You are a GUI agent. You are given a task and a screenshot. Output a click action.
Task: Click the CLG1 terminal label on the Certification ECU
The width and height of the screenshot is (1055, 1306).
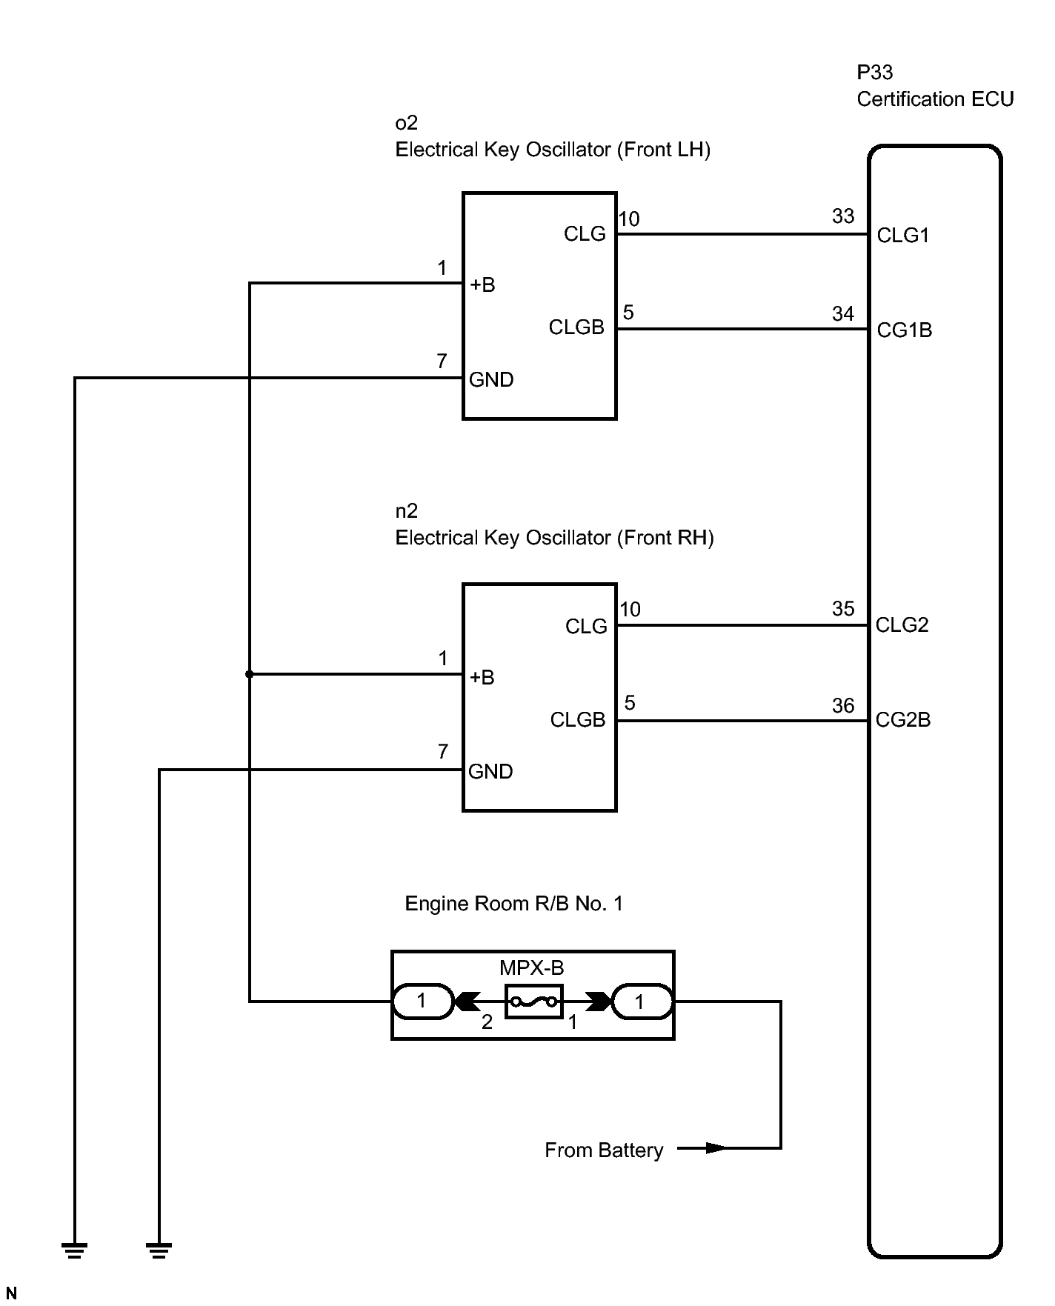(x=902, y=236)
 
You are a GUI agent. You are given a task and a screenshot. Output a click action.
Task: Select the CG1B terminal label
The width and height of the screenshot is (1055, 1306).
(x=904, y=330)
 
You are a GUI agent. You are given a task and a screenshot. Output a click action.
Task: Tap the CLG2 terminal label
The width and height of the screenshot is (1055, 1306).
(x=902, y=625)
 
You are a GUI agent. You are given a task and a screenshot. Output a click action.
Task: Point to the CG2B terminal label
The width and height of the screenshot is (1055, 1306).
(x=902, y=720)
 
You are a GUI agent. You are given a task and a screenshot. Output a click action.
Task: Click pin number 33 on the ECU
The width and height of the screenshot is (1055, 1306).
(x=843, y=216)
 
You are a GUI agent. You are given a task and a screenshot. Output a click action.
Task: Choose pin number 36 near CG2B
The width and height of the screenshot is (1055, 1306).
(x=843, y=706)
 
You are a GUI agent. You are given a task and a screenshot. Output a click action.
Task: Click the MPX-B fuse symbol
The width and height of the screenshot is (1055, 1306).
(x=533, y=1002)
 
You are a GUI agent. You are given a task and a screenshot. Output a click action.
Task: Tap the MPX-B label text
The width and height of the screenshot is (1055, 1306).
(x=531, y=967)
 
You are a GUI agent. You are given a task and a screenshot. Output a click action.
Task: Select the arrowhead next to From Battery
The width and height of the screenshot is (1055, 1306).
(x=714, y=1148)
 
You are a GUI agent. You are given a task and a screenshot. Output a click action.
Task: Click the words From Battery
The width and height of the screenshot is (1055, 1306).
(x=604, y=1150)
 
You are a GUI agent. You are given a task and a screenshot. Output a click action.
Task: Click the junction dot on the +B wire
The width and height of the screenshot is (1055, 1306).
(x=250, y=674)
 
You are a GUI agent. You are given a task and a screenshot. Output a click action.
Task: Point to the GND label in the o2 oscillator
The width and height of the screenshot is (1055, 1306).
(x=491, y=380)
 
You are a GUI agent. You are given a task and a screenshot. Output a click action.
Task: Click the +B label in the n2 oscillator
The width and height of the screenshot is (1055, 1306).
(x=482, y=678)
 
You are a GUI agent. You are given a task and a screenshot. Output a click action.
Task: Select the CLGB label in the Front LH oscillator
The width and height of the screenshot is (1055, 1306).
(x=576, y=327)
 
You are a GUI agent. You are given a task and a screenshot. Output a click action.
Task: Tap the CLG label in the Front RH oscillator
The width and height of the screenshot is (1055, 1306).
(x=586, y=627)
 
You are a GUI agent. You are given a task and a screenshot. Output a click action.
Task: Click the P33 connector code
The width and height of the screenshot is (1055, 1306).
(x=875, y=73)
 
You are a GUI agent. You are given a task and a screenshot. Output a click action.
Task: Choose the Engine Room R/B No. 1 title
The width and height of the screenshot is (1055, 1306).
(x=513, y=904)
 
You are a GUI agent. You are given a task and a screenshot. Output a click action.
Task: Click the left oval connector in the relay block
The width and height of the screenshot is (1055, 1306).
(x=422, y=1002)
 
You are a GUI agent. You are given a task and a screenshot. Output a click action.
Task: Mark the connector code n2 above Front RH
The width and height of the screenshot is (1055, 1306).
(x=407, y=511)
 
